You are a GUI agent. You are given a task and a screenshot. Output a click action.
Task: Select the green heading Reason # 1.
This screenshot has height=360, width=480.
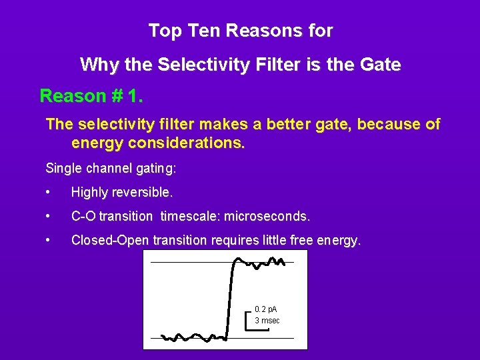coord(91,96)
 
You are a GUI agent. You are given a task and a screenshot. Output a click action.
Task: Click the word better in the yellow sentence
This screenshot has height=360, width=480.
coord(297,125)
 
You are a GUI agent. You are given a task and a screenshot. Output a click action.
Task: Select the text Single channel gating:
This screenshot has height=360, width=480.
coord(111,168)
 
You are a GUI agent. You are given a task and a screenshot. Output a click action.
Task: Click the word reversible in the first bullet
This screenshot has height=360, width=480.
coord(143,193)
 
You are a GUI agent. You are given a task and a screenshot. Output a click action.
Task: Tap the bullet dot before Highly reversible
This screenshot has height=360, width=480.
coord(49,193)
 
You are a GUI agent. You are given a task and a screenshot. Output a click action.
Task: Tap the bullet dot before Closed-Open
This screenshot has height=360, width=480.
coord(49,240)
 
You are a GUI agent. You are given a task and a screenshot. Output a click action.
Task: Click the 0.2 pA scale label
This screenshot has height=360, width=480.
coord(266,309)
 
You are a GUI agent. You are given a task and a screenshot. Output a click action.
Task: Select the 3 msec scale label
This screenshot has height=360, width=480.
coord(267,321)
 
